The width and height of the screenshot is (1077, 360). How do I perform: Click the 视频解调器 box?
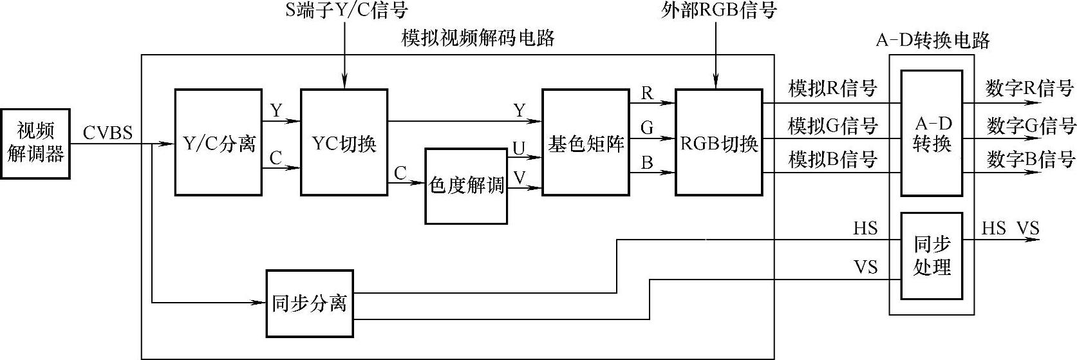35,144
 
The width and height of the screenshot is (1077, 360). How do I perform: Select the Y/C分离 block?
218,142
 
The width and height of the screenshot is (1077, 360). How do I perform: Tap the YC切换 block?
344,142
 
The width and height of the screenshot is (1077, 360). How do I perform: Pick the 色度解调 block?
466,186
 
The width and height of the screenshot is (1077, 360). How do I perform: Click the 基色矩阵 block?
585,142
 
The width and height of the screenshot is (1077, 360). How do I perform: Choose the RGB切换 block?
718,142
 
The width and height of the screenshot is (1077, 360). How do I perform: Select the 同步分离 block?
310,303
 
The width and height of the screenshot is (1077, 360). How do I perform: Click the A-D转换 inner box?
931,133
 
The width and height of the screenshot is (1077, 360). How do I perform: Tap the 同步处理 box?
931,256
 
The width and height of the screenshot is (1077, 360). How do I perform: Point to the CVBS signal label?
108,133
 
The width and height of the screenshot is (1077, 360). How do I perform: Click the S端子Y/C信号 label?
346,10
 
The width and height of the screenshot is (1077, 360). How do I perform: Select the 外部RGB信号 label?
718,10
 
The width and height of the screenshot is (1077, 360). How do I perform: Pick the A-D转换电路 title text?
932,40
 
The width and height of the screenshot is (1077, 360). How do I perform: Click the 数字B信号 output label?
1031,159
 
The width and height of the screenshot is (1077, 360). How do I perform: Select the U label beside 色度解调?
518,149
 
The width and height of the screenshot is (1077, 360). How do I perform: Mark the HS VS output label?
1010,228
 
